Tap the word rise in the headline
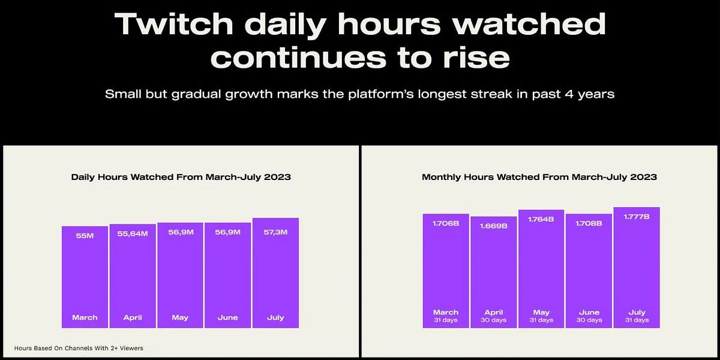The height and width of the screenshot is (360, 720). (473, 58)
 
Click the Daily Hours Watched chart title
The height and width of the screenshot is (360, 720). (181, 177)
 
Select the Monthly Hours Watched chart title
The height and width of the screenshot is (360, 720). (539, 177)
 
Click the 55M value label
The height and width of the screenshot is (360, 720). (85, 236)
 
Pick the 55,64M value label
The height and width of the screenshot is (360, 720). (133, 233)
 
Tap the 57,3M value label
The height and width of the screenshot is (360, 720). (275, 232)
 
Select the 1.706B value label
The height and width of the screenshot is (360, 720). (445, 223)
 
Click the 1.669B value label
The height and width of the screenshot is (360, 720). (493, 226)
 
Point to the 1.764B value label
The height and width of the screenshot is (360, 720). (541, 220)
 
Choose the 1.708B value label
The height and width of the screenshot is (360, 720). (589, 223)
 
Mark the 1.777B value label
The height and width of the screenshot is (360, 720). (637, 217)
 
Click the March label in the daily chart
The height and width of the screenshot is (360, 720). (85, 317)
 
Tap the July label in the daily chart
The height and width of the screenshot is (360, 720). (275, 317)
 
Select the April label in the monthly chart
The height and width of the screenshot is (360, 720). (493, 312)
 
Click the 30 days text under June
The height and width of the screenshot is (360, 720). (589, 320)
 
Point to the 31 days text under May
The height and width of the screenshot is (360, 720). (541, 320)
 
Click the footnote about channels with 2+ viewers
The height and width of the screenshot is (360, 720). (78, 347)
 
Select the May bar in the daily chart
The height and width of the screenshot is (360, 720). (180, 276)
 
